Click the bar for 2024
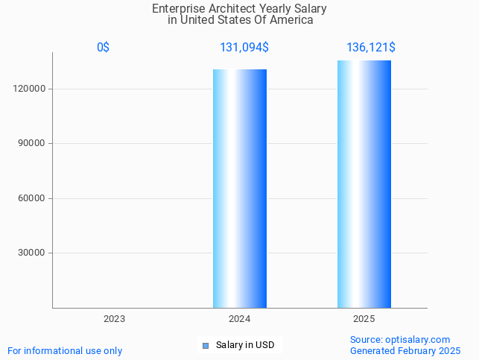240,189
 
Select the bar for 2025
364,184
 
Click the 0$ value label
103,47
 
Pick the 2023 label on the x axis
114,318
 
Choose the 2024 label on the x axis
239,318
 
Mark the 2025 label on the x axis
364,318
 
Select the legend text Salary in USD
245,345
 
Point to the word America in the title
291,20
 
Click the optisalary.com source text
400,339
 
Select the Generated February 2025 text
405,350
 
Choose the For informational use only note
65,350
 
